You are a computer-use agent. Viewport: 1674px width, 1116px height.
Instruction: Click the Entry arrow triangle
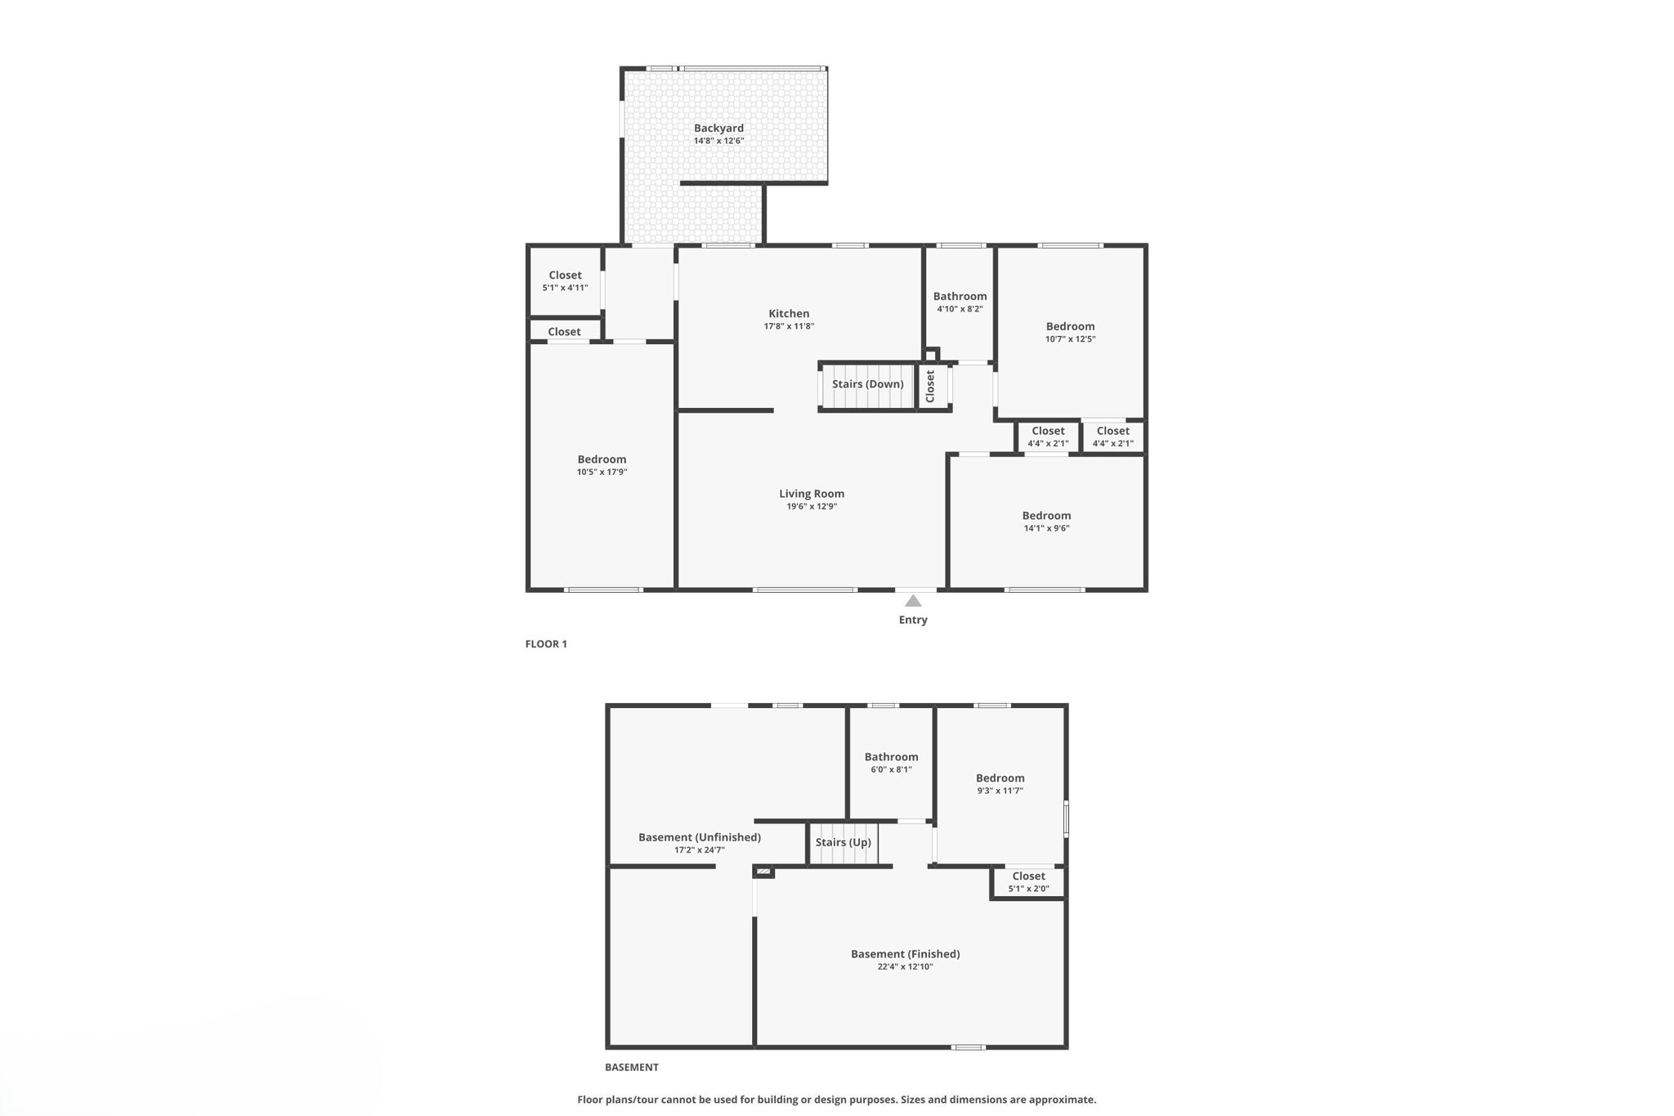click(913, 601)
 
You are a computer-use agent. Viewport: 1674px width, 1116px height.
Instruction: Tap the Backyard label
click(718, 128)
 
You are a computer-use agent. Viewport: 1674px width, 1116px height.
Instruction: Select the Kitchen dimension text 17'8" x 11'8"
click(789, 326)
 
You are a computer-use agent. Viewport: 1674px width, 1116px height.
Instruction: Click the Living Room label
click(811, 494)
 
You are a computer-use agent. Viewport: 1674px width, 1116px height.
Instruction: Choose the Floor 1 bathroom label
click(960, 297)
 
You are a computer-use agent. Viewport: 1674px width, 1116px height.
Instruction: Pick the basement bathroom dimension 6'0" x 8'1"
click(891, 769)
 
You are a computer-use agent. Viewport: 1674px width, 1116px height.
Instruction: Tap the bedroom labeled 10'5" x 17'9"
click(602, 465)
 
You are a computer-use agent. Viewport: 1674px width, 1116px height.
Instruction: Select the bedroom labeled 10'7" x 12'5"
click(1070, 332)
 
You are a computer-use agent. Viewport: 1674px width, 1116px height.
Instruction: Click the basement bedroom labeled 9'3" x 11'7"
click(1000, 783)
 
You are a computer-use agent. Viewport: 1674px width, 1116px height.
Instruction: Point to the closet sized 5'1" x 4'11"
click(565, 281)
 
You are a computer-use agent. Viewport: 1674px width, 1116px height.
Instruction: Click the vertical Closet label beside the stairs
click(930, 386)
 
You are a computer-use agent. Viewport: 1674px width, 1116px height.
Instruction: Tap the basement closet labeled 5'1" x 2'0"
click(1028, 881)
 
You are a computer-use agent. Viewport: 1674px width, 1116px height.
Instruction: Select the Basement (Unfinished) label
click(699, 837)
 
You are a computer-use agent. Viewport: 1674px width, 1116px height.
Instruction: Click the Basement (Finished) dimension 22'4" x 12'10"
click(905, 966)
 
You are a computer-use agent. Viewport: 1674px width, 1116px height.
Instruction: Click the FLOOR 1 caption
click(546, 644)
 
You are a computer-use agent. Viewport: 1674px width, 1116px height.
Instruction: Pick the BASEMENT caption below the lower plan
click(631, 1067)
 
